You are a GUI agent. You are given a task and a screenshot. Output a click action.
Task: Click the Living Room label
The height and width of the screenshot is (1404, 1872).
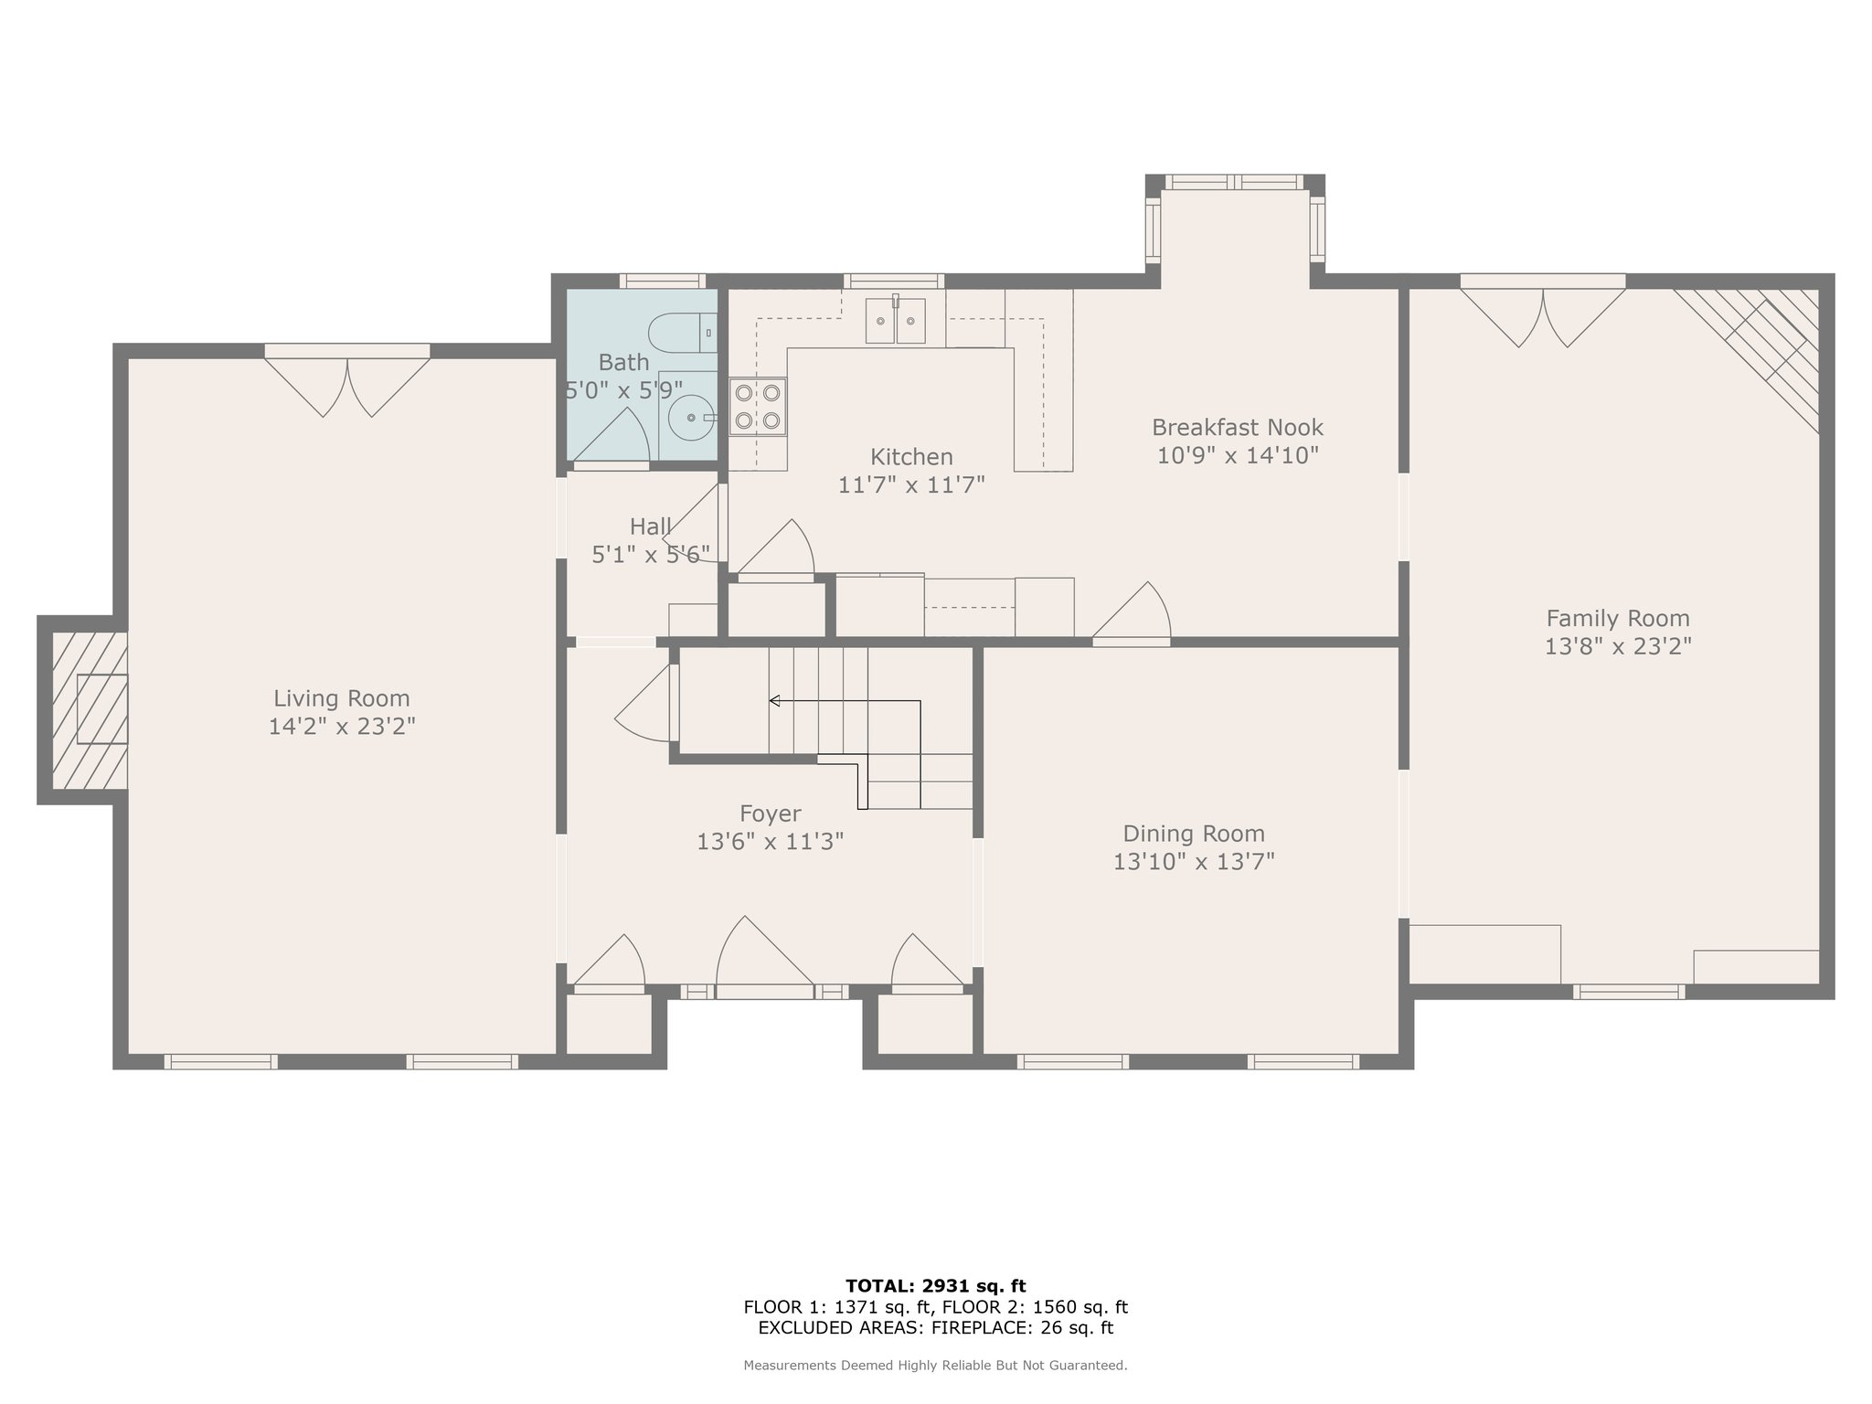coord(342,698)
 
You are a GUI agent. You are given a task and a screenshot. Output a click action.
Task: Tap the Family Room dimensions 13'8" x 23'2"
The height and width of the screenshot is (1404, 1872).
coord(1618,646)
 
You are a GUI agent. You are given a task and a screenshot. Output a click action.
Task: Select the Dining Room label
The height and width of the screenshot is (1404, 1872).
coord(1194,834)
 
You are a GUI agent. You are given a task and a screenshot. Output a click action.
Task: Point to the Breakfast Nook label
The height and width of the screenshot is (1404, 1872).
coord(1238,427)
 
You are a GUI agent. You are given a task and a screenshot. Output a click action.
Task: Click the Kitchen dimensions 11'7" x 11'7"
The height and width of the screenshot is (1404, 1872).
coord(911,484)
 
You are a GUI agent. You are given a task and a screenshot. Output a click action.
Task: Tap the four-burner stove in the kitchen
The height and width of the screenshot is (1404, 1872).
coord(758,407)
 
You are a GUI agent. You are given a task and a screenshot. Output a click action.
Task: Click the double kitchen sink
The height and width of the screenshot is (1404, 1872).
coord(896,320)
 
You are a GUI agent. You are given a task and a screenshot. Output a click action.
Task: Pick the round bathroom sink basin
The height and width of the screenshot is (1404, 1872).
coord(692,419)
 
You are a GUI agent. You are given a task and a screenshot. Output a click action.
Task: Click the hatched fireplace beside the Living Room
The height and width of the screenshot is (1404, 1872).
coord(90,710)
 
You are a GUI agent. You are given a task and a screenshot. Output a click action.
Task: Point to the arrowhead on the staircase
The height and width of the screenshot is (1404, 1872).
coord(774,701)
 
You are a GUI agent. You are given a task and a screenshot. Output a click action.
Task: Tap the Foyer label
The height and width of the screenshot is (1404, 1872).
coord(770,814)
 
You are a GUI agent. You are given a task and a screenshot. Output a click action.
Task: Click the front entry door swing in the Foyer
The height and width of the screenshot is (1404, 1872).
coord(764,951)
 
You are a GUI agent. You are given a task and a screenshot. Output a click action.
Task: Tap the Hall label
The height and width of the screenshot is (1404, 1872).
coord(651,526)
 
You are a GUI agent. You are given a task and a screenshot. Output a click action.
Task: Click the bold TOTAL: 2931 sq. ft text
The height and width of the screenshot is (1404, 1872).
coord(936,1286)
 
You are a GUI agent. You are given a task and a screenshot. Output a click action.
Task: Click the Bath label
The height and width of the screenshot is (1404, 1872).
coord(623,362)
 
